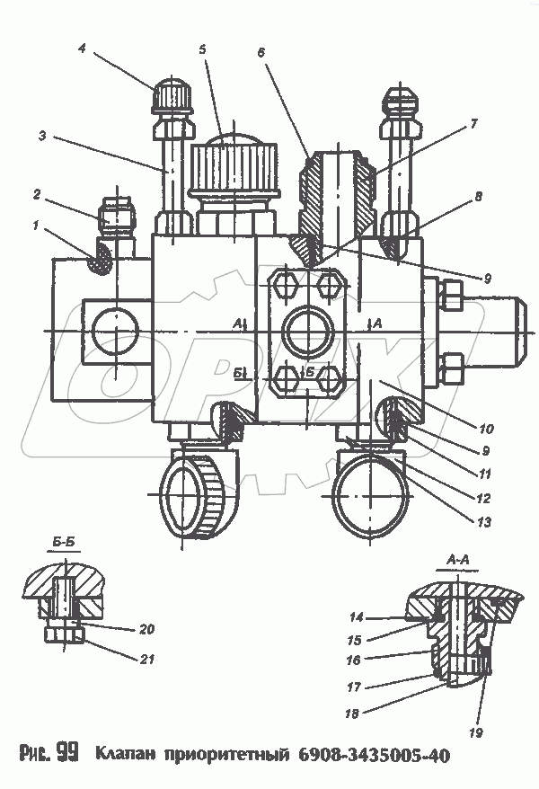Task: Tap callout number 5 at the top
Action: tap(203, 50)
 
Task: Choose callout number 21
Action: tap(148, 659)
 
